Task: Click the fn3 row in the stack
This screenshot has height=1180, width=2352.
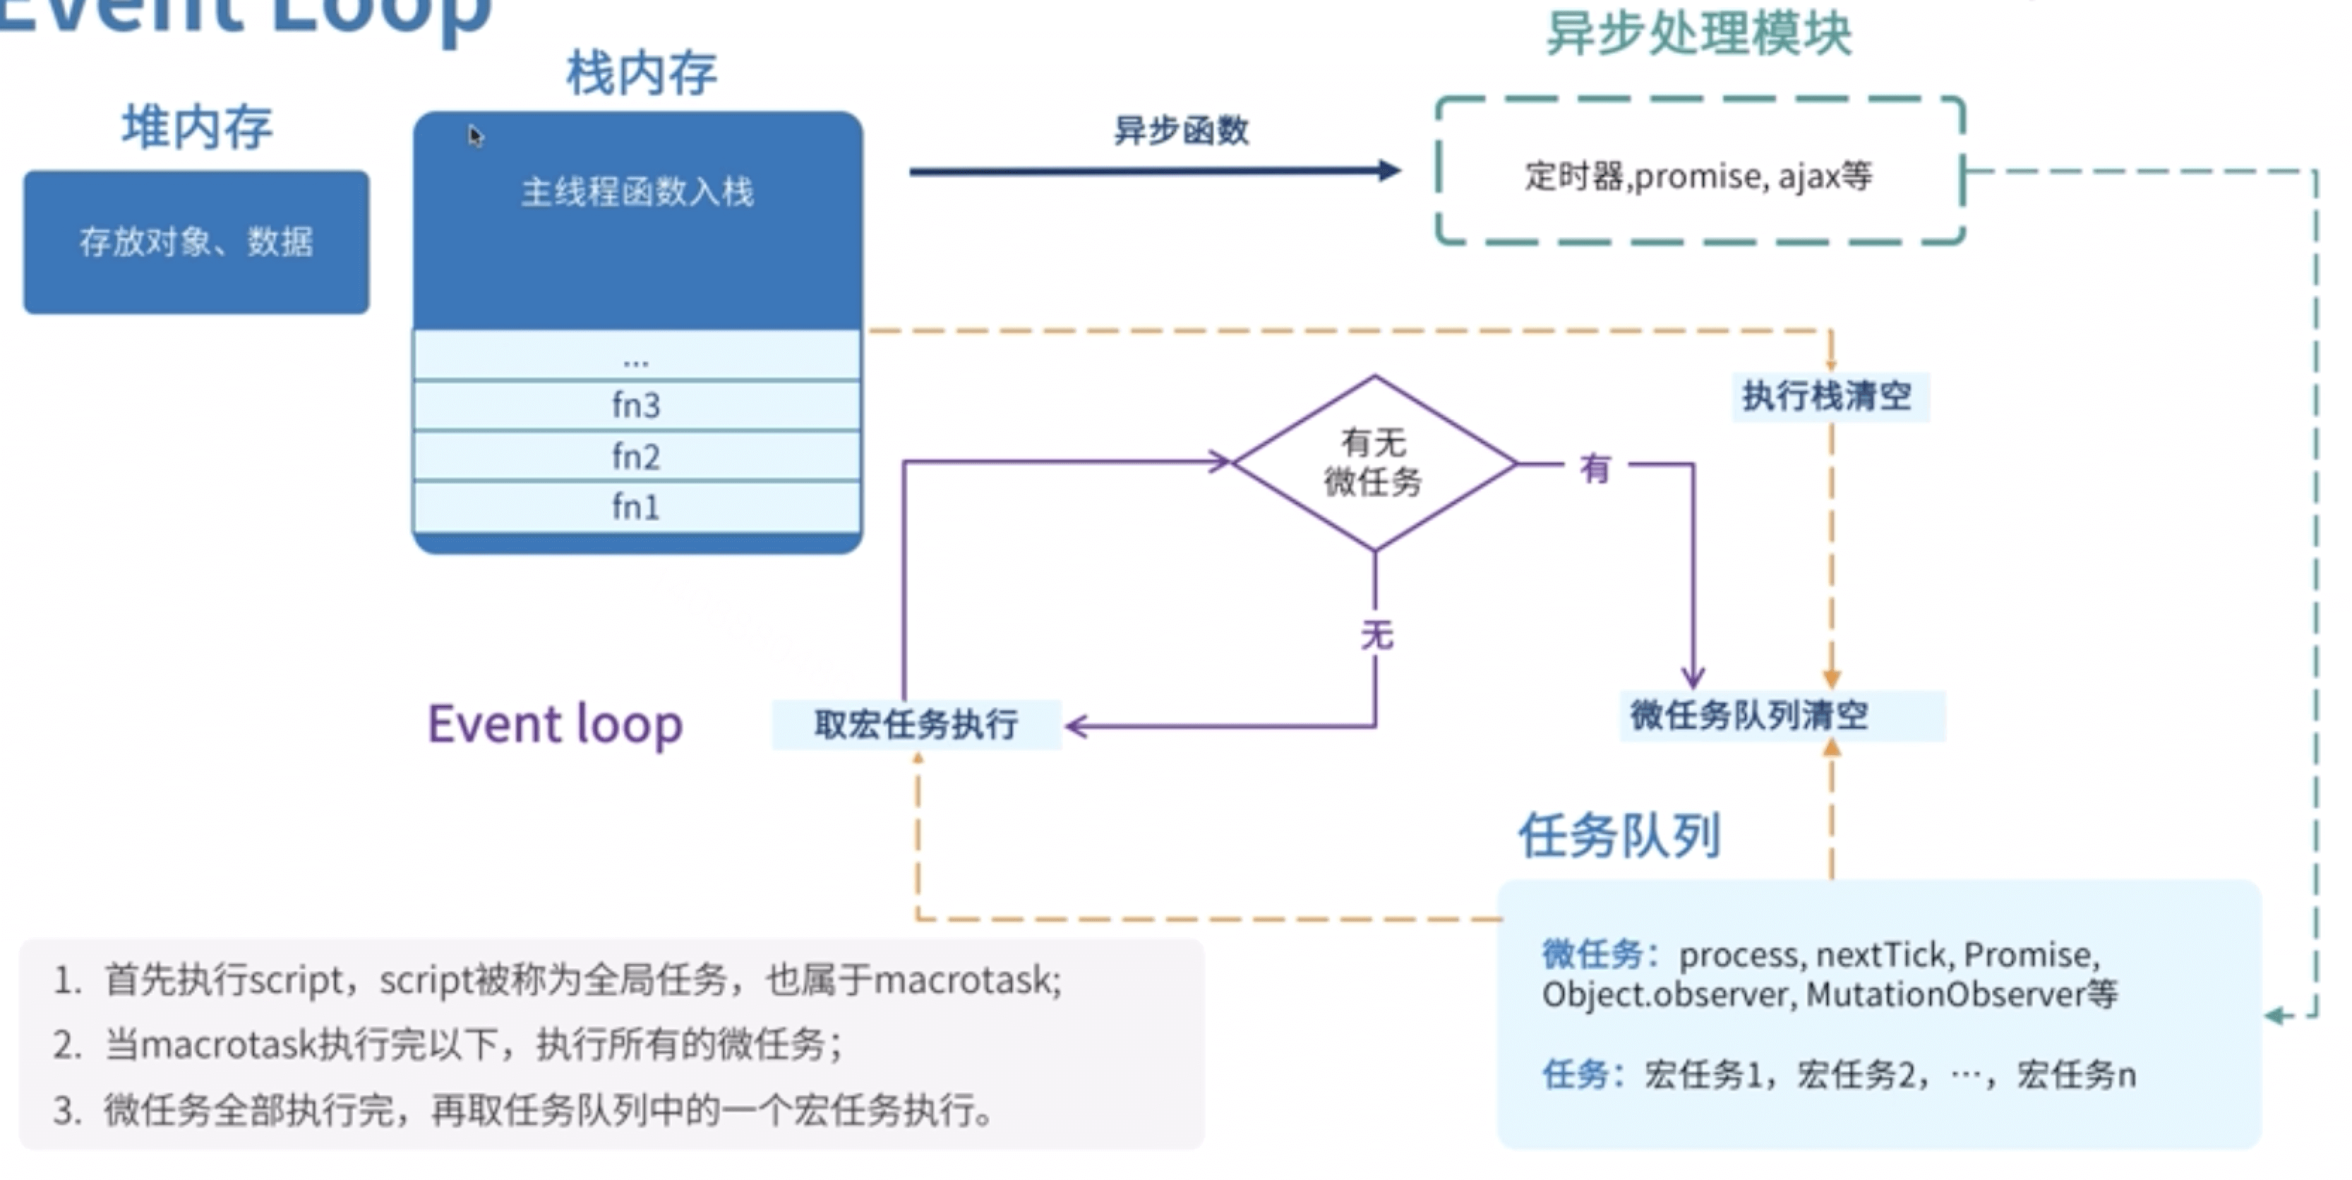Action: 637,404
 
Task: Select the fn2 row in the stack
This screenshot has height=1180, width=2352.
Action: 637,455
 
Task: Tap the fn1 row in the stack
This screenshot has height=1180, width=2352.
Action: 637,507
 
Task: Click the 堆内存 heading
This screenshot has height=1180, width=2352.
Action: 197,127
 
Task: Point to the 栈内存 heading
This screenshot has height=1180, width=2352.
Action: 642,73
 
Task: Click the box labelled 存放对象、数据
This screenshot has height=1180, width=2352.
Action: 196,242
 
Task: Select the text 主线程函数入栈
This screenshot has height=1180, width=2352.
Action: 637,192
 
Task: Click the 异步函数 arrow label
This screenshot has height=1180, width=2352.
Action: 1180,131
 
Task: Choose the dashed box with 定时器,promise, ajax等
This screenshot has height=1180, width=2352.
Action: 1699,172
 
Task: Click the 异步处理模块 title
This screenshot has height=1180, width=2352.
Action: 1698,34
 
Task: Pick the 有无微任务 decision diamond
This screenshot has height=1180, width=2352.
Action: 1374,463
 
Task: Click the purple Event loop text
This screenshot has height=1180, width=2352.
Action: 555,725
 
